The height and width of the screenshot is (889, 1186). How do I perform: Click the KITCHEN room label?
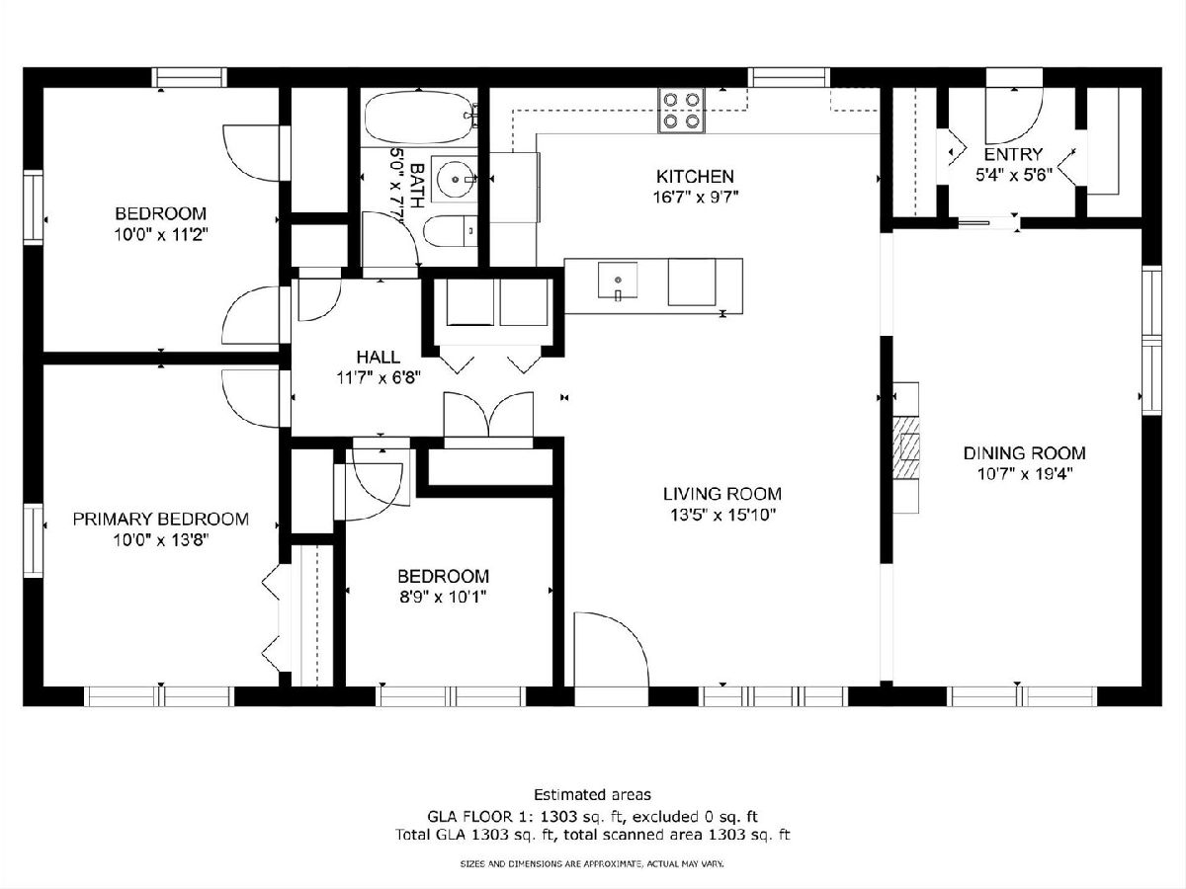click(x=695, y=177)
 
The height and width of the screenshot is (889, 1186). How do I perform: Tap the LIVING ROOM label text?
click(x=722, y=494)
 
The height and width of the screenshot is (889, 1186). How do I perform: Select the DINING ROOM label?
click(x=1025, y=452)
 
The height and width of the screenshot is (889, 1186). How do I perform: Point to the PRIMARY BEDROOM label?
click(x=160, y=520)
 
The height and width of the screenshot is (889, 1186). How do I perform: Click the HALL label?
click(x=379, y=357)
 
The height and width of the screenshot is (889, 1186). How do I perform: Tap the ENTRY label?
click(x=1013, y=154)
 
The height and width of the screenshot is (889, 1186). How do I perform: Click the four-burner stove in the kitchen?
click(x=681, y=111)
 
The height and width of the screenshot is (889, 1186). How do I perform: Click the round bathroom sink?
click(x=456, y=179)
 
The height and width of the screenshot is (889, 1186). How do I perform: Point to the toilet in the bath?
click(x=451, y=231)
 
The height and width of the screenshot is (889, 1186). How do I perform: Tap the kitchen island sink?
click(x=617, y=280)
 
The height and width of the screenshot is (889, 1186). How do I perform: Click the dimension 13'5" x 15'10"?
click(x=722, y=516)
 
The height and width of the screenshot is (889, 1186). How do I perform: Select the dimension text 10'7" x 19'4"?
click(x=1025, y=474)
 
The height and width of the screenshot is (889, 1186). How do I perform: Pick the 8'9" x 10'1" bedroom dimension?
click(x=443, y=597)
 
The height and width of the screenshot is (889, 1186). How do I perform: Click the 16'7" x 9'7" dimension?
click(x=696, y=197)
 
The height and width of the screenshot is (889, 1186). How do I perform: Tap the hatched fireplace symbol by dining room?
click(x=905, y=447)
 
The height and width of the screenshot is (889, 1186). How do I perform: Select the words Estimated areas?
click(x=592, y=794)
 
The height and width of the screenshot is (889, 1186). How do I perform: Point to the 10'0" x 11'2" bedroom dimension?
click(x=160, y=235)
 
